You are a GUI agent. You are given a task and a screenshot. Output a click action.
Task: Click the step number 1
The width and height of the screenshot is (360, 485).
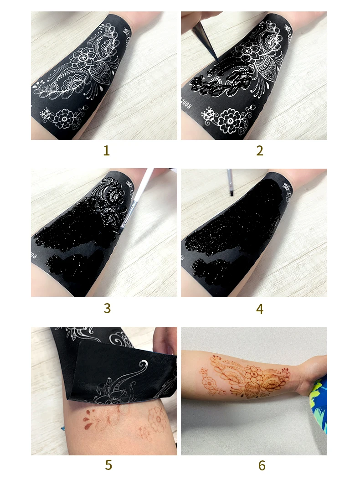pyautogui.click(x=106, y=151)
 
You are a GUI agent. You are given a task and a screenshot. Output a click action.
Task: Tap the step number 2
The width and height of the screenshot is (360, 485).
pyautogui.click(x=259, y=151)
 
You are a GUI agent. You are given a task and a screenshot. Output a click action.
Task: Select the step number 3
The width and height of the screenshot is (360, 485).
pyautogui.click(x=107, y=308)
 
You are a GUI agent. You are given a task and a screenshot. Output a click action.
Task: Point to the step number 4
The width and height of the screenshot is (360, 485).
pyautogui.click(x=259, y=309)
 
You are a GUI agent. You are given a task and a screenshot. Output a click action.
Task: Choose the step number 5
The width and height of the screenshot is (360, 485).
pyautogui.click(x=108, y=465)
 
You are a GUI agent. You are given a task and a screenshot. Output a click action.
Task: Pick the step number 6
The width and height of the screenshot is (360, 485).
pyautogui.click(x=261, y=465)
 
